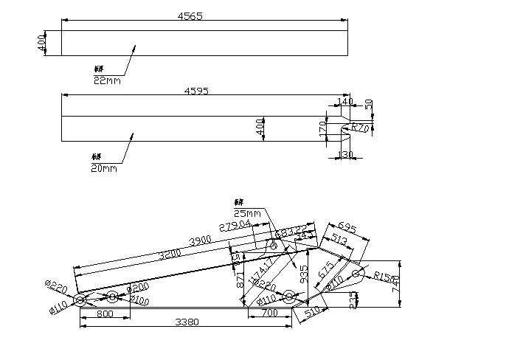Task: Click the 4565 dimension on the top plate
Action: click(190, 15)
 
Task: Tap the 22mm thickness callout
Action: click(107, 80)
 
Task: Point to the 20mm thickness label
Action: click(104, 168)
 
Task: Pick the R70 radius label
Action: click(359, 128)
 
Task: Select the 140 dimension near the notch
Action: click(344, 101)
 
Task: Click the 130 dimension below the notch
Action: click(344, 154)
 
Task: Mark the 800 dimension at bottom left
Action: click(104, 314)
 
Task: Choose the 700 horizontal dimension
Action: click(269, 314)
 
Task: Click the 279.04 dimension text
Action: click(235, 224)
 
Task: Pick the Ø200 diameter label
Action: click(139, 288)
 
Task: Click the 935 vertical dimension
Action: click(303, 274)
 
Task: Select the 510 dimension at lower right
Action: click(311, 313)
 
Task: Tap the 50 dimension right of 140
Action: click(369, 104)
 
